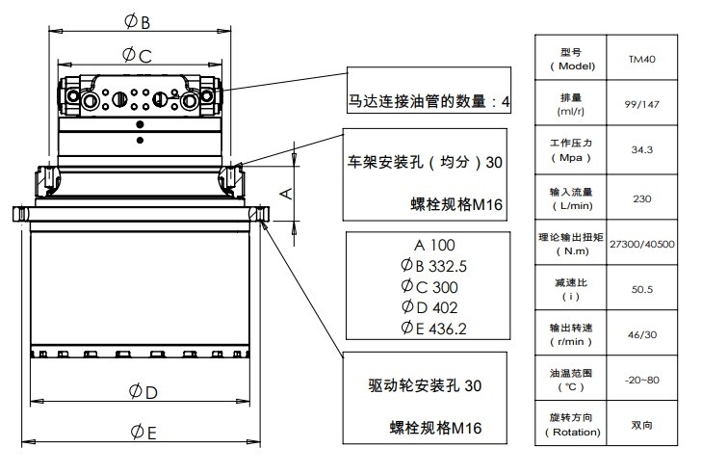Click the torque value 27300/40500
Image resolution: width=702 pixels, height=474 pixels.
pyautogui.click(x=641, y=244)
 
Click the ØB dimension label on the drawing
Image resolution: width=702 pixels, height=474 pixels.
pyautogui.click(x=138, y=20)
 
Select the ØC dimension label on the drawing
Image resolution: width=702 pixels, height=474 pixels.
pyautogui.click(x=138, y=56)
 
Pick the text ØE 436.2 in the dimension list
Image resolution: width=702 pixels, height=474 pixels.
pyautogui.click(x=421, y=329)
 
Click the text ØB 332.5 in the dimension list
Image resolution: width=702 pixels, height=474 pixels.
pyautogui.click(x=421, y=266)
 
